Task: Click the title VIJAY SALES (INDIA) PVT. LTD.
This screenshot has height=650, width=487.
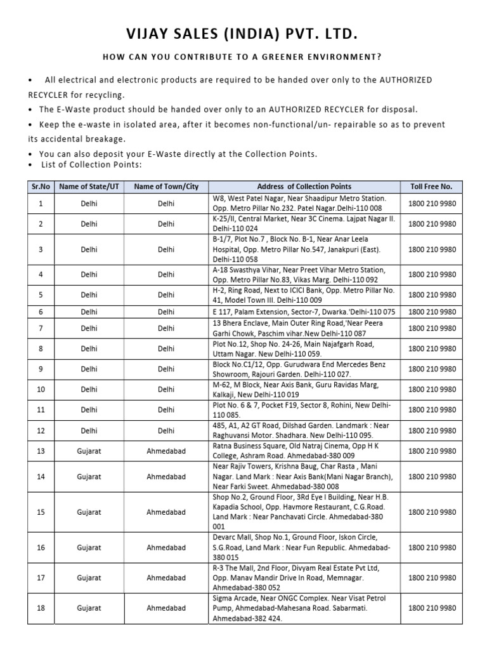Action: click(x=243, y=33)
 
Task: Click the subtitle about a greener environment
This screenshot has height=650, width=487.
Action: click(x=243, y=57)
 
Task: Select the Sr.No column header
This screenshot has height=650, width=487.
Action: click(x=41, y=187)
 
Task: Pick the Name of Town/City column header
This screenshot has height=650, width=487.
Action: click(x=166, y=187)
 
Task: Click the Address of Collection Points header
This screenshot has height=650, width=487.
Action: click(x=304, y=187)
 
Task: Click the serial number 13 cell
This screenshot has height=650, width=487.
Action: click(x=41, y=451)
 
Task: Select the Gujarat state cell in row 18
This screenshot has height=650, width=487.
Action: click(x=89, y=608)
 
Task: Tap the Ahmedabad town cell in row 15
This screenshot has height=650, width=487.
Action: click(x=166, y=512)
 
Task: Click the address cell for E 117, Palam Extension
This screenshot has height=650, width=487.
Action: click(x=304, y=312)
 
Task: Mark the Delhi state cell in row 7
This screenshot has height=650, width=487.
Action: click(x=89, y=328)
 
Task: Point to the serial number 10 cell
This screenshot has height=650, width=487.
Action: click(x=41, y=389)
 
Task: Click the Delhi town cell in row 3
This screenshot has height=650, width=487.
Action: click(x=166, y=249)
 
